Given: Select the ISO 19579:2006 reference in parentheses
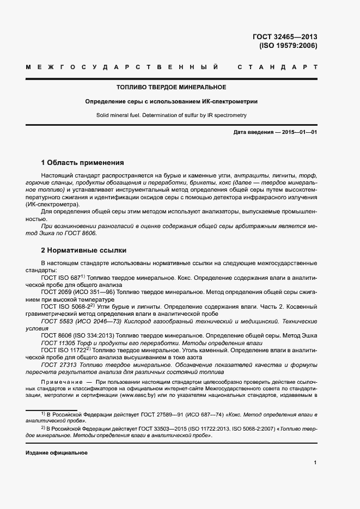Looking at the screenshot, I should click(288, 46).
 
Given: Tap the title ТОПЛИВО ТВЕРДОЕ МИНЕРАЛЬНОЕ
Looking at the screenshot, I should click(172, 87).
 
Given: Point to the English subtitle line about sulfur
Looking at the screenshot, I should click(172, 115).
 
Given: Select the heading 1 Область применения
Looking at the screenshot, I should click(83, 162).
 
